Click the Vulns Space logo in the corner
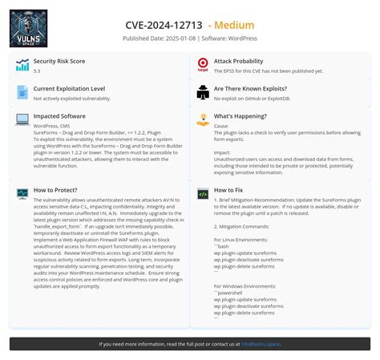click(x=28, y=28)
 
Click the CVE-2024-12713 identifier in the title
click(x=164, y=25)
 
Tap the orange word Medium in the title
click(x=232, y=25)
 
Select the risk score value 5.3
click(x=37, y=71)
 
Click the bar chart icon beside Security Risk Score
click(x=22, y=65)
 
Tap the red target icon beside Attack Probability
click(x=203, y=65)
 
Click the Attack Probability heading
click(x=238, y=61)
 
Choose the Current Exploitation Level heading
click(x=69, y=88)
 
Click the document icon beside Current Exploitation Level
click(x=22, y=92)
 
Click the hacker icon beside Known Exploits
click(x=203, y=92)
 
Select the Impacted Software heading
click(x=60, y=115)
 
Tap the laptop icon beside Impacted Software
click(x=22, y=119)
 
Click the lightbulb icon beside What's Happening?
click(x=203, y=119)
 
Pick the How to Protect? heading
click(x=55, y=190)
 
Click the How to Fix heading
click(x=228, y=190)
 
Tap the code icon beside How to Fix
click(x=203, y=194)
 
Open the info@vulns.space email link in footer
click(x=261, y=344)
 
